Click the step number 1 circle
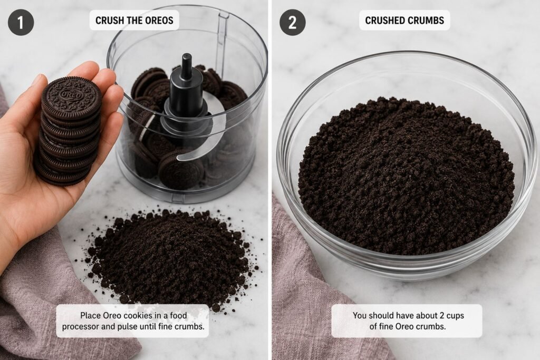(21, 22)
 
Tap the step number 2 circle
(292, 22)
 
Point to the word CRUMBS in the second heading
(426, 21)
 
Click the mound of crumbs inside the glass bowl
(406, 176)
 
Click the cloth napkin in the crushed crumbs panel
(310, 293)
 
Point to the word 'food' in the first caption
(178, 315)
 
